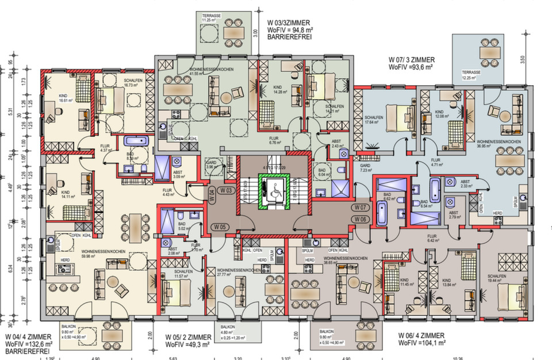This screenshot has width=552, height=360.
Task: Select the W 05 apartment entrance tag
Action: click(x=225, y=226)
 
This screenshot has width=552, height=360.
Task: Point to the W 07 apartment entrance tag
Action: click(x=361, y=206)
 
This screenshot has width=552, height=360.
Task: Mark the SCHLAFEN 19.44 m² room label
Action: click(x=496, y=277)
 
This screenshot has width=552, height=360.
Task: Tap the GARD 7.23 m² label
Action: click(x=367, y=168)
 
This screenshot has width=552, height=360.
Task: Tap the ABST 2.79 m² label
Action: click(x=455, y=215)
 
